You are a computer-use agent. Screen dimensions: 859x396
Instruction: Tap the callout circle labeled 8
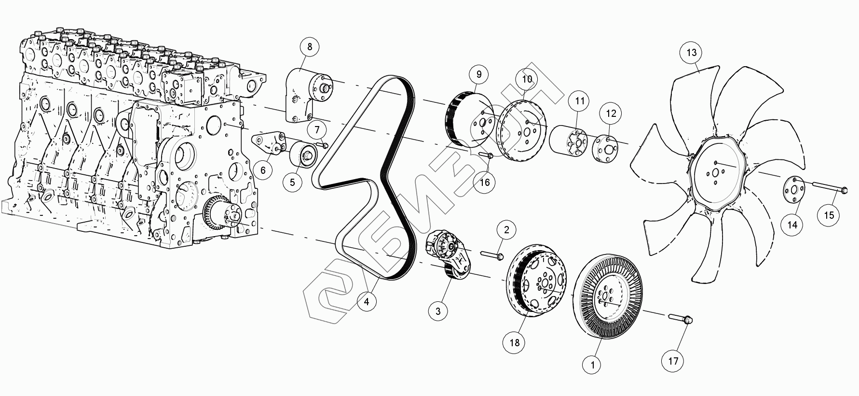click(x=310, y=47)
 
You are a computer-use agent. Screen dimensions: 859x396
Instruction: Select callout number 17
click(x=673, y=361)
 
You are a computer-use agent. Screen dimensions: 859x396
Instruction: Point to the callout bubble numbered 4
click(x=367, y=302)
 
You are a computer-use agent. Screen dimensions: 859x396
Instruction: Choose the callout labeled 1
click(x=592, y=365)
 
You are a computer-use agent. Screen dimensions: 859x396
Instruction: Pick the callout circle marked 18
click(x=515, y=342)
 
